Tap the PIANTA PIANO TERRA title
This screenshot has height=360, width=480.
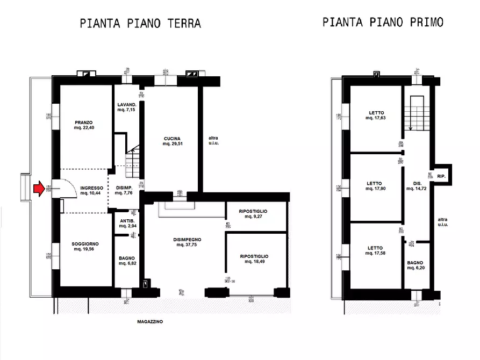click(140, 24)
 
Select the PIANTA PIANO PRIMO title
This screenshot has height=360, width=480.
click(383, 22)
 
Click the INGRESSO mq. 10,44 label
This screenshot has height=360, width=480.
click(92, 190)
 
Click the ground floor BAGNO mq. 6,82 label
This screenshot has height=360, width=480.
click(127, 261)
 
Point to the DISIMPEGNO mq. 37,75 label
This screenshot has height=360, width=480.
click(187, 242)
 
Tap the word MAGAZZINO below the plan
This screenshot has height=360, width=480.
click(150, 322)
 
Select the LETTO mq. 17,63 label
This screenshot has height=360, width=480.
click(376, 116)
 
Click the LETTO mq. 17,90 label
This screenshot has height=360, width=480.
click(375, 186)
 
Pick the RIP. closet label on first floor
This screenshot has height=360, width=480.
click(441, 176)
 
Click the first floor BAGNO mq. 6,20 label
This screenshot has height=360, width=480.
click(415, 265)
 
